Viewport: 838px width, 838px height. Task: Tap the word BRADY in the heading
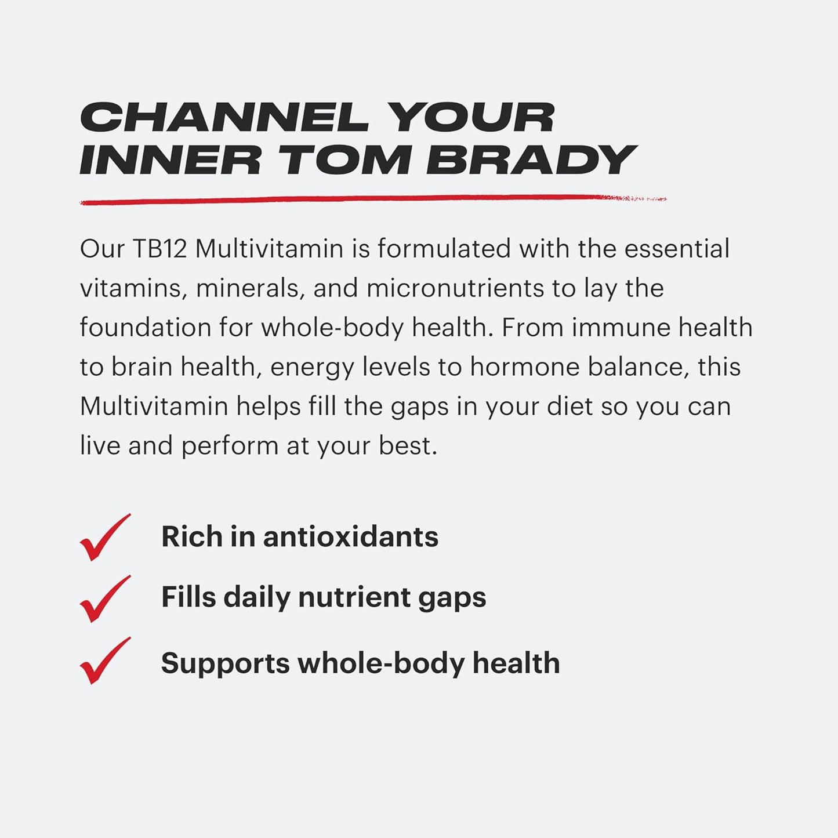click(531, 159)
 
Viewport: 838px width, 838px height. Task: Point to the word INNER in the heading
click(170, 159)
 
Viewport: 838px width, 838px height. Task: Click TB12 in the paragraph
click(160, 249)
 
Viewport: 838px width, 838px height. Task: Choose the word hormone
click(525, 367)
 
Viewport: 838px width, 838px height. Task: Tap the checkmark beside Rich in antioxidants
click(104, 538)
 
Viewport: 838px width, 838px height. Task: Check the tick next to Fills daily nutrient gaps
click(104, 599)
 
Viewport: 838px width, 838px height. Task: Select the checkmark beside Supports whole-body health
click(104, 661)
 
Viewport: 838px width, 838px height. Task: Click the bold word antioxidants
click(351, 536)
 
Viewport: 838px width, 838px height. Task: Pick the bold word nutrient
click(354, 597)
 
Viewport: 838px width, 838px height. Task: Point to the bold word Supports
click(225, 663)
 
